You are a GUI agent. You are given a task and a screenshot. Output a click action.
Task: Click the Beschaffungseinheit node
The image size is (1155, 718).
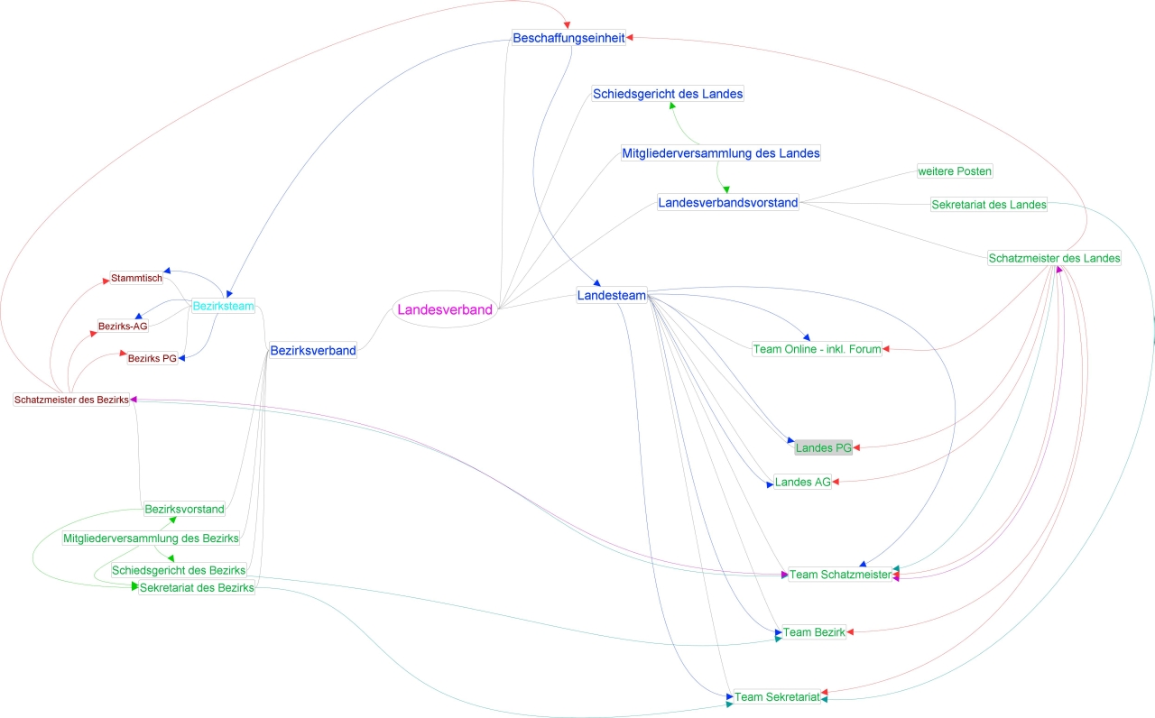tap(568, 38)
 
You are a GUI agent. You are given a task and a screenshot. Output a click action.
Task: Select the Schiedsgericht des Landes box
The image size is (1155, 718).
tap(668, 94)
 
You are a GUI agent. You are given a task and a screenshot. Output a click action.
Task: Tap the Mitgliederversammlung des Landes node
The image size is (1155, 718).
tap(721, 153)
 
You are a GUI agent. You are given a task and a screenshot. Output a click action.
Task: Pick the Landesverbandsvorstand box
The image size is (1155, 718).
tap(728, 203)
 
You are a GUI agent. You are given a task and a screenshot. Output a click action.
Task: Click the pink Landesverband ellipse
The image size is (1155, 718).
tap(445, 310)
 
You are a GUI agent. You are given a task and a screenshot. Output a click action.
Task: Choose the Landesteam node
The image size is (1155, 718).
tap(612, 296)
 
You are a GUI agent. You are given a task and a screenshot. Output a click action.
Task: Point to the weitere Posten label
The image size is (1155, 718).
tap(955, 171)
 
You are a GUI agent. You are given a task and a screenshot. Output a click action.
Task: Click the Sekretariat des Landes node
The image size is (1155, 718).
tap(989, 205)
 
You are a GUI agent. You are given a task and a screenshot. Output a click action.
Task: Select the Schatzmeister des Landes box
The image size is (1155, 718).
tap(1054, 258)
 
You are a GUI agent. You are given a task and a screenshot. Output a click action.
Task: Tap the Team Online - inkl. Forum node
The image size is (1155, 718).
tap(817, 349)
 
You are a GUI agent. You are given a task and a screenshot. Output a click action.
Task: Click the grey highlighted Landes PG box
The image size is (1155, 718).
tap(823, 447)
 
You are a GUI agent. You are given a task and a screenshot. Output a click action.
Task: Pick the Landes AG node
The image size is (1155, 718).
tap(802, 483)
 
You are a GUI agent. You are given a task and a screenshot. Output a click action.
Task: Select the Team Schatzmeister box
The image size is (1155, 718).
tap(840, 575)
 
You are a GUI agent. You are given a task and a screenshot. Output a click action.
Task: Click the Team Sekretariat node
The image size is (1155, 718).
tap(777, 697)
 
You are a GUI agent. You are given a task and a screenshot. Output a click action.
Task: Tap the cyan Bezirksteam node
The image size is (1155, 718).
tap(223, 307)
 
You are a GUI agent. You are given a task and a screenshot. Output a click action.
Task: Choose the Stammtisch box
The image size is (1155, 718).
tap(136, 278)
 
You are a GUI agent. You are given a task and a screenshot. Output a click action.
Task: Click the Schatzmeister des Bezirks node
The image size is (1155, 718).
tap(71, 400)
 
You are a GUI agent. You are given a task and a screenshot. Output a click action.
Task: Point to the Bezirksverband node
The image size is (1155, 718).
tap(313, 351)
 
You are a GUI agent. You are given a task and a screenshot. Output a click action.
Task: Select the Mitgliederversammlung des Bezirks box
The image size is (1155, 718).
tap(151, 539)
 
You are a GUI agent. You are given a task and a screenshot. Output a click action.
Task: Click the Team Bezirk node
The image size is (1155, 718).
tap(814, 632)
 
